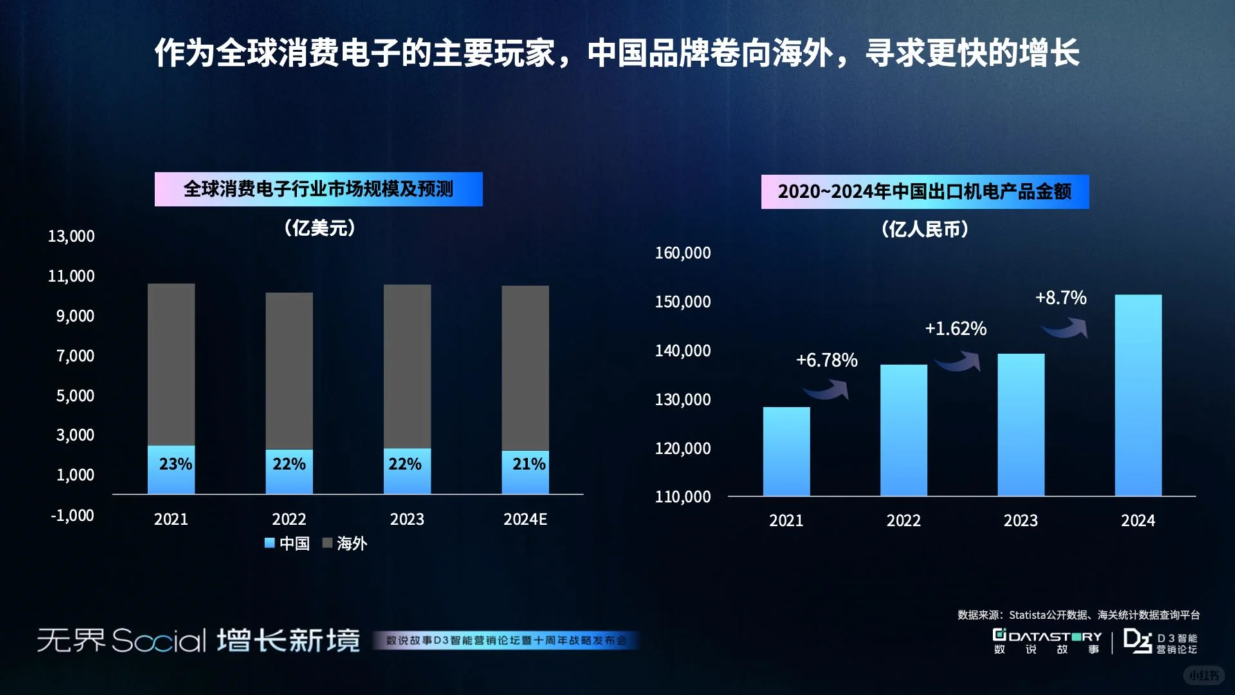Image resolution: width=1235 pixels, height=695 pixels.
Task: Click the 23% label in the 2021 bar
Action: [x=175, y=464]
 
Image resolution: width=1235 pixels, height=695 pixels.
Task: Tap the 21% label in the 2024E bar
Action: [x=529, y=464]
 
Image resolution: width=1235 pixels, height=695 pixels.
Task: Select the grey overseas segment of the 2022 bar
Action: [x=289, y=370]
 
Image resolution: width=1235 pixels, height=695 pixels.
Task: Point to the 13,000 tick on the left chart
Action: [x=71, y=236]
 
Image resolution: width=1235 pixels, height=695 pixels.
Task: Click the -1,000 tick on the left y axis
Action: [x=72, y=515]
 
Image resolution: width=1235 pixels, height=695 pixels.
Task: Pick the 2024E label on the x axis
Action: [x=525, y=519]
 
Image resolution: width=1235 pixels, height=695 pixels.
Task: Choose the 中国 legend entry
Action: [x=288, y=543]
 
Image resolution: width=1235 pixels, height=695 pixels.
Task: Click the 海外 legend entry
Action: [x=345, y=543]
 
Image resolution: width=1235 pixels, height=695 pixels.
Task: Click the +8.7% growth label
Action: [x=1061, y=298]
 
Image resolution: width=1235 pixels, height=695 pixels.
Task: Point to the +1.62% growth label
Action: [x=955, y=329]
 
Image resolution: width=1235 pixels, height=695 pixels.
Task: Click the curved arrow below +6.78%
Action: [x=827, y=389]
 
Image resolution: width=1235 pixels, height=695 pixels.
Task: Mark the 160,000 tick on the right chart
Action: [x=682, y=253]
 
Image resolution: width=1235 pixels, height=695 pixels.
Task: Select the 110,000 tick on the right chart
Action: [x=682, y=497]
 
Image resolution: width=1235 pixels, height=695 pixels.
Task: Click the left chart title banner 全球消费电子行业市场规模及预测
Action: [x=318, y=189]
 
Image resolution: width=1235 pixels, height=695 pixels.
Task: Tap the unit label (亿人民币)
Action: [x=924, y=229]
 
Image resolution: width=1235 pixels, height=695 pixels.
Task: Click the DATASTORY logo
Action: [x=1047, y=642]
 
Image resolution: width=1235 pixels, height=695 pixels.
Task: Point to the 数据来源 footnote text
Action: [x=1078, y=615]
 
